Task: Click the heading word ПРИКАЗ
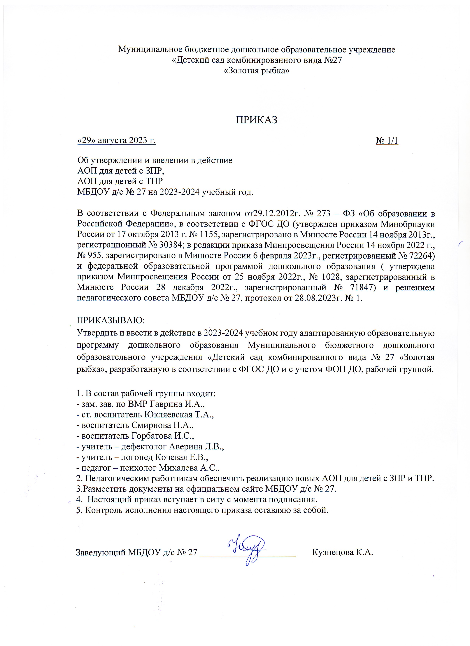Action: (x=256, y=120)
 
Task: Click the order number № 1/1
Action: (x=387, y=141)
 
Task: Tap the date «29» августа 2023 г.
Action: (x=117, y=141)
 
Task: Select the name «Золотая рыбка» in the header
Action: (x=257, y=71)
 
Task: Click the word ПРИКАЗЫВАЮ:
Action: (x=111, y=320)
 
